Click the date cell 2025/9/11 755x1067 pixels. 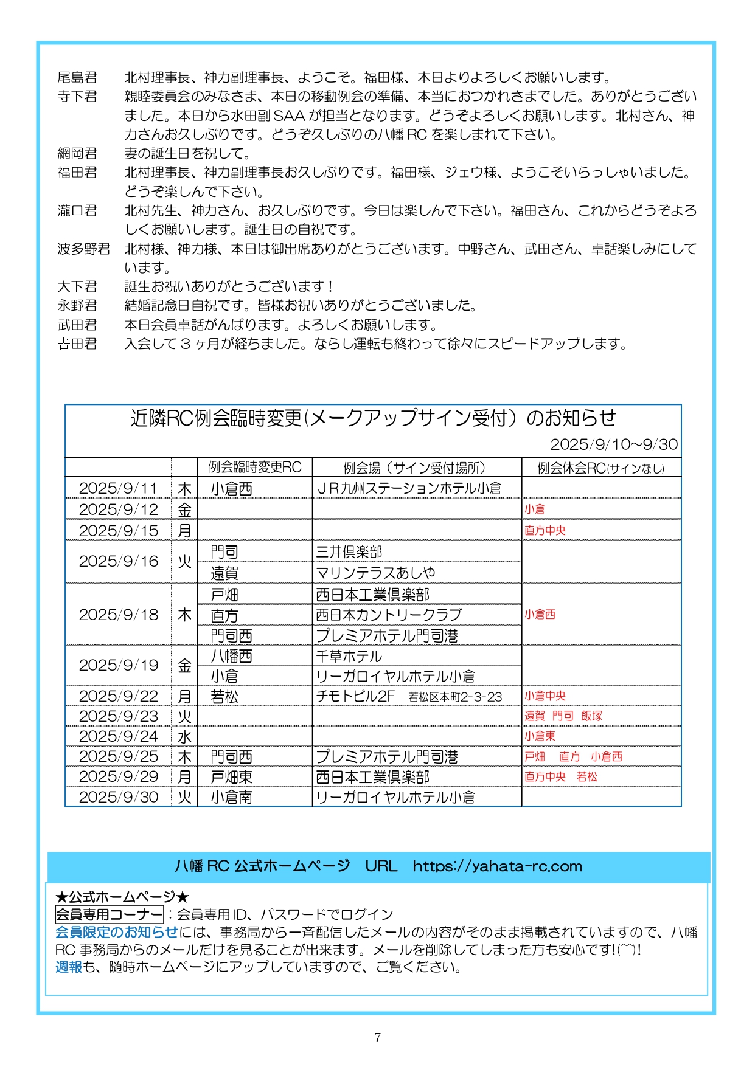tap(118, 488)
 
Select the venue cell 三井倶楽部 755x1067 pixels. tap(349, 552)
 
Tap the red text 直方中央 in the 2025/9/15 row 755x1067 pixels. tap(545, 530)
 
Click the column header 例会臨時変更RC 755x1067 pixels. tap(255, 467)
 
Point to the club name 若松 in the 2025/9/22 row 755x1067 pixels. tap(224, 697)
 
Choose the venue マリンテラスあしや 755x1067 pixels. tap(375, 573)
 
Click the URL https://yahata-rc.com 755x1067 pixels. tap(497, 866)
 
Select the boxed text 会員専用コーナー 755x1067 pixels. tap(109, 914)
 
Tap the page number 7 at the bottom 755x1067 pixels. tap(377, 1037)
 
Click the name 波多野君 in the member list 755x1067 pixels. tap(84, 249)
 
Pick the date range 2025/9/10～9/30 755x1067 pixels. tap(614, 444)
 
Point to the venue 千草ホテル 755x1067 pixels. tap(349, 657)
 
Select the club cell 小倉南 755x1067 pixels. tap(231, 797)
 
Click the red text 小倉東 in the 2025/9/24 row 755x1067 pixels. tap(540, 736)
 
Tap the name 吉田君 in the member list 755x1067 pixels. tap(77, 344)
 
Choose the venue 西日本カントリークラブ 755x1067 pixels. tap(388, 615)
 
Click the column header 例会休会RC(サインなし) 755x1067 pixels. tap(600, 468)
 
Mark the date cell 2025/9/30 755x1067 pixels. tap(118, 797)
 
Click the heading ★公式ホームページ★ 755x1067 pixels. tap(122, 897)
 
